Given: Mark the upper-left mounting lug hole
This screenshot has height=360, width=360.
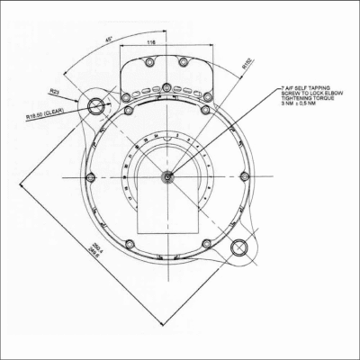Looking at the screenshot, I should (97, 106).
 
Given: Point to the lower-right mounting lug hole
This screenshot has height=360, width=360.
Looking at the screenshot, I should (238, 247).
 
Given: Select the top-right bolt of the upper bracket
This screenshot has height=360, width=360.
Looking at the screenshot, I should (184, 63).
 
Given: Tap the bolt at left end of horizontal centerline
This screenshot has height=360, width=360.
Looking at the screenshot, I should (90, 176).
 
